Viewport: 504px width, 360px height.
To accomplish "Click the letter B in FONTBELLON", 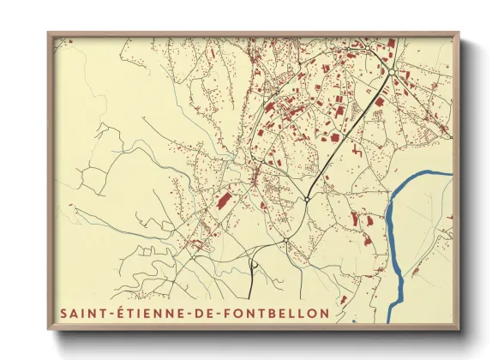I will click(268, 314).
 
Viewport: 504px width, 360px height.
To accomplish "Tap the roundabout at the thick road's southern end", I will click(307, 200).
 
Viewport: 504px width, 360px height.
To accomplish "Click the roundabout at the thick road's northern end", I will click(390, 74).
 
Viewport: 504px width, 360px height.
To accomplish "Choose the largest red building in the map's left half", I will click(223, 202).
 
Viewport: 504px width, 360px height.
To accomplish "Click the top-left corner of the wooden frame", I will click(49, 33).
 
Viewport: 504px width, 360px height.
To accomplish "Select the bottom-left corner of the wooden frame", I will click(49, 330).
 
